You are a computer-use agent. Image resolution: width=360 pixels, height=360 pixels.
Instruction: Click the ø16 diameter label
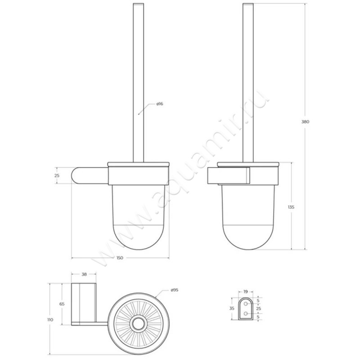[159, 104]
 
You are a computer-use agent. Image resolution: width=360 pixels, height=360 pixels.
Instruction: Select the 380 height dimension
[306, 121]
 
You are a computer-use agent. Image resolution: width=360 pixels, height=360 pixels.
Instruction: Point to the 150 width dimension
[120, 258]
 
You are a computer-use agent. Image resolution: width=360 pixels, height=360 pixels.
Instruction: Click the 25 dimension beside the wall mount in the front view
[57, 176]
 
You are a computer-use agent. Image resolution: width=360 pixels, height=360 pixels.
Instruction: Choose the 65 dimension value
[62, 304]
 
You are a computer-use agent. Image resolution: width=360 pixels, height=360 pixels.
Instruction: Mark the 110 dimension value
[50, 319]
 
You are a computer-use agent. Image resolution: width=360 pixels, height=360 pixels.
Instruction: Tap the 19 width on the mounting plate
[245, 291]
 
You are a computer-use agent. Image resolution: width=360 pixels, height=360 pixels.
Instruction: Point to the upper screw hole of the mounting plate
[246, 304]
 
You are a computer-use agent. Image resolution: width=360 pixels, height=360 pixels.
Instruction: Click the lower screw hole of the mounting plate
[246, 313]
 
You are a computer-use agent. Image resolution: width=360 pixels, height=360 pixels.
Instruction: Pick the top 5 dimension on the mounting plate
[258, 301]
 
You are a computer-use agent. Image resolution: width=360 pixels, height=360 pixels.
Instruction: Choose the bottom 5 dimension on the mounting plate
[258, 316]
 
